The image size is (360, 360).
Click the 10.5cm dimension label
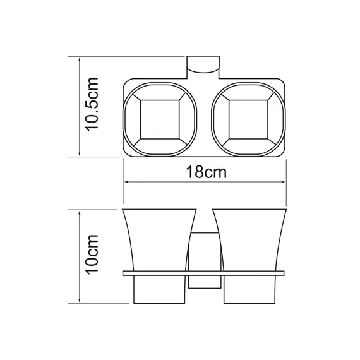[92, 105]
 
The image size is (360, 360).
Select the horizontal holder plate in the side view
[203, 274]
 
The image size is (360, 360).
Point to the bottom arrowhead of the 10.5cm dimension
[79, 153]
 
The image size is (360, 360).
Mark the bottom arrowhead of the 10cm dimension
[79, 301]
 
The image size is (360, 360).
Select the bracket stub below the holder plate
[203, 284]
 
